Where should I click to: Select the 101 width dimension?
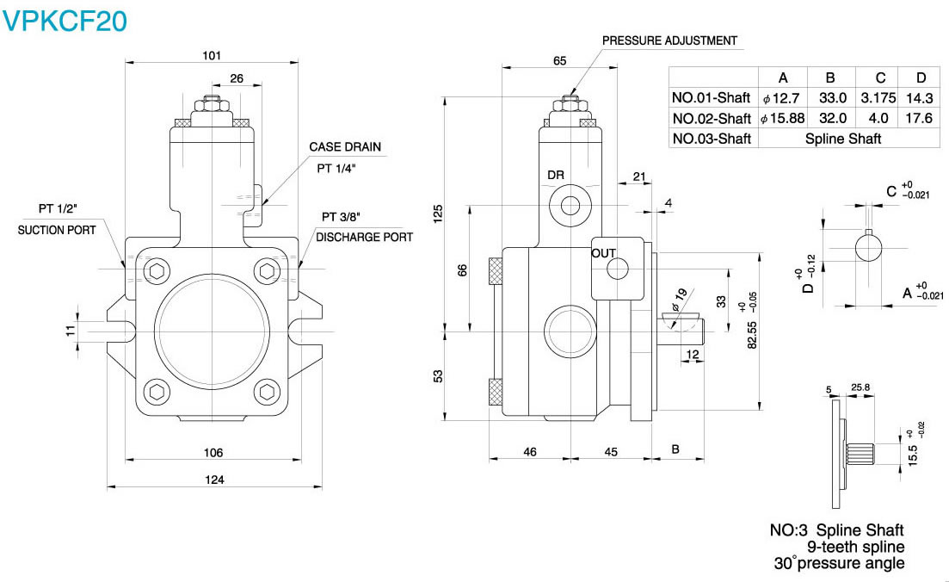[212, 55]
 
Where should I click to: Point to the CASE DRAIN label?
[345, 147]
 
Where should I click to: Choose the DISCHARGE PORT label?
[364, 237]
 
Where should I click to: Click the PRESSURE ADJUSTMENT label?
[669, 40]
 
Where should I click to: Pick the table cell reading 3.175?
[877, 97]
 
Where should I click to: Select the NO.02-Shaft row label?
[712, 118]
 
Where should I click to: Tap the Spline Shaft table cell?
[842, 138]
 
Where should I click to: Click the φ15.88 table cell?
[782, 118]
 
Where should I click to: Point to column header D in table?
[920, 76]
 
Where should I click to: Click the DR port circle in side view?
[570, 205]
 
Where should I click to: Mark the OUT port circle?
[618, 269]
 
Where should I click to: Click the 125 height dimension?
[438, 213]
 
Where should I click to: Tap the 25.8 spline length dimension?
[860, 388]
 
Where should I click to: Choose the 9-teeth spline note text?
[855, 547]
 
